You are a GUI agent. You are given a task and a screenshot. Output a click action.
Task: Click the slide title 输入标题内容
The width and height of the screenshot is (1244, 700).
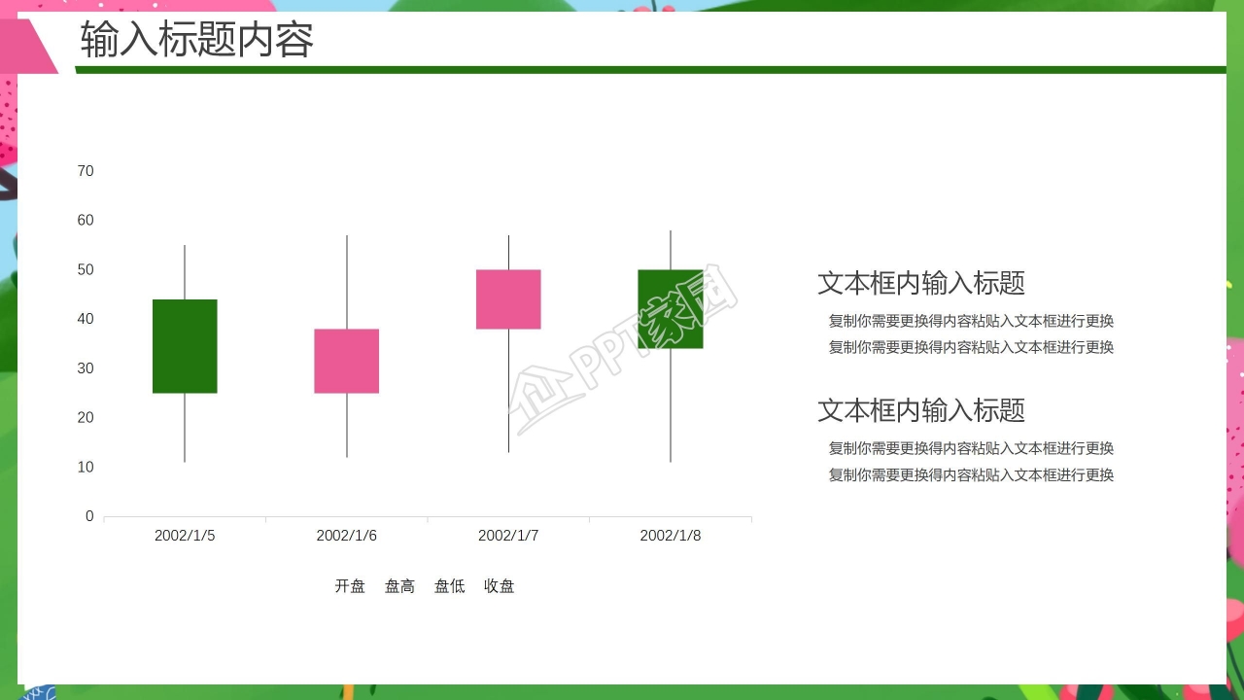[197, 41]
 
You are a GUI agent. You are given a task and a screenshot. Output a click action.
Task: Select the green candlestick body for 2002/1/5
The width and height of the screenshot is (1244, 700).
[185, 346]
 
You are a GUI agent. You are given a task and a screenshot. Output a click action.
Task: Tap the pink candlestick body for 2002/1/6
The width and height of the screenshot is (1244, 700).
[347, 361]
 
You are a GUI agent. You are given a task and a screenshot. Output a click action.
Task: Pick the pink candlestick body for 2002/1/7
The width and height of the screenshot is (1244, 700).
[508, 299]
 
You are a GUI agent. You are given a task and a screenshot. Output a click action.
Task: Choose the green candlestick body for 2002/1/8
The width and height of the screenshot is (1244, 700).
[671, 309]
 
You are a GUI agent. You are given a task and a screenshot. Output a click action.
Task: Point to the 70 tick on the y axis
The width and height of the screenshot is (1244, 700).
[86, 171]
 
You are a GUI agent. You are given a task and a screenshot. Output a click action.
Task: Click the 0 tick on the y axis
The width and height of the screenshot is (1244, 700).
[89, 516]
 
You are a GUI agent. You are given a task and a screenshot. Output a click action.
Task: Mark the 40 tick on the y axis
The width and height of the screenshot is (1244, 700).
[86, 319]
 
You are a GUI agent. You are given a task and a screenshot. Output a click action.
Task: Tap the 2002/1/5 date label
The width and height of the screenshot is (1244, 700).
[185, 536]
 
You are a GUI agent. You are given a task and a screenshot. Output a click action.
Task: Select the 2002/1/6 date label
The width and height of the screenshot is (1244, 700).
[347, 536]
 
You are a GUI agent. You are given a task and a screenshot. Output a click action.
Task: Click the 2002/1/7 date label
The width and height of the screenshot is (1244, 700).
[508, 536]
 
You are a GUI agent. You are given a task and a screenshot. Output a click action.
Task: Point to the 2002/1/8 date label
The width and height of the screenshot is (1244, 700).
[671, 536]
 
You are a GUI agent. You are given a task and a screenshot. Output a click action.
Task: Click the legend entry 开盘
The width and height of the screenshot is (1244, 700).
[350, 586]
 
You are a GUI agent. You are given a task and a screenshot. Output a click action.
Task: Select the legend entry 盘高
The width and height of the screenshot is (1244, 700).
[399, 586]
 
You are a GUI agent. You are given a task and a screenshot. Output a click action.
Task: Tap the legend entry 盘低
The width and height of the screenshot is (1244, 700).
[449, 586]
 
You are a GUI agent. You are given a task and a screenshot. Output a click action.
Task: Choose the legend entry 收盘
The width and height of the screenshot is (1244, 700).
[500, 586]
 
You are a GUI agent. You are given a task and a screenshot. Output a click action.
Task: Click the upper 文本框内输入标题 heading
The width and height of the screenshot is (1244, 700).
[921, 283]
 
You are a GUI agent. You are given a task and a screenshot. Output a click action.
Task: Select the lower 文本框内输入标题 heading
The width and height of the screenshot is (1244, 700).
[921, 410]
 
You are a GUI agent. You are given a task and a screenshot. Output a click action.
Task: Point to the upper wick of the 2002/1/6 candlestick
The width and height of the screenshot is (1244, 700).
[347, 282]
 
